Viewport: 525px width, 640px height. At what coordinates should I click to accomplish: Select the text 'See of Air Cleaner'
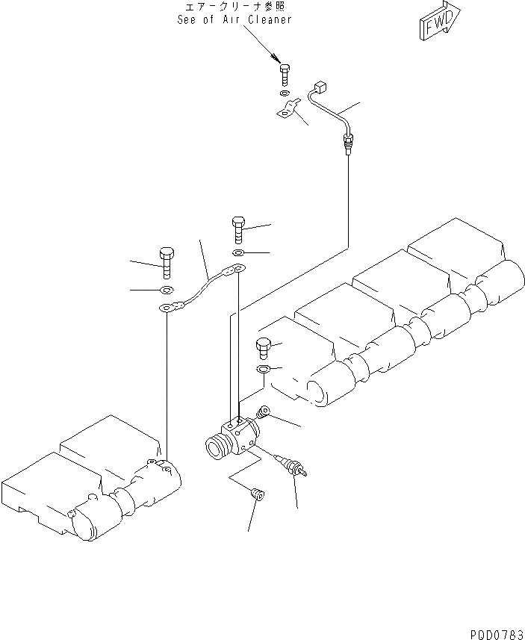coord(234,20)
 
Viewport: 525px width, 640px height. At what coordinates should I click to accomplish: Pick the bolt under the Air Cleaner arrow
coord(285,75)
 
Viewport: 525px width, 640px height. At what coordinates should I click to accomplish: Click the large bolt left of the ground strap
coord(167,259)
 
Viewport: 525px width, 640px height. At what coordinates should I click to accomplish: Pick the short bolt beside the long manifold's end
coord(263,348)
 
